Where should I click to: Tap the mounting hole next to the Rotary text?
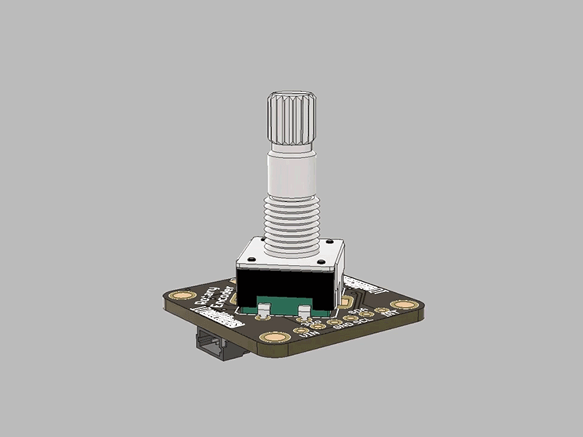coord(182,296)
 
